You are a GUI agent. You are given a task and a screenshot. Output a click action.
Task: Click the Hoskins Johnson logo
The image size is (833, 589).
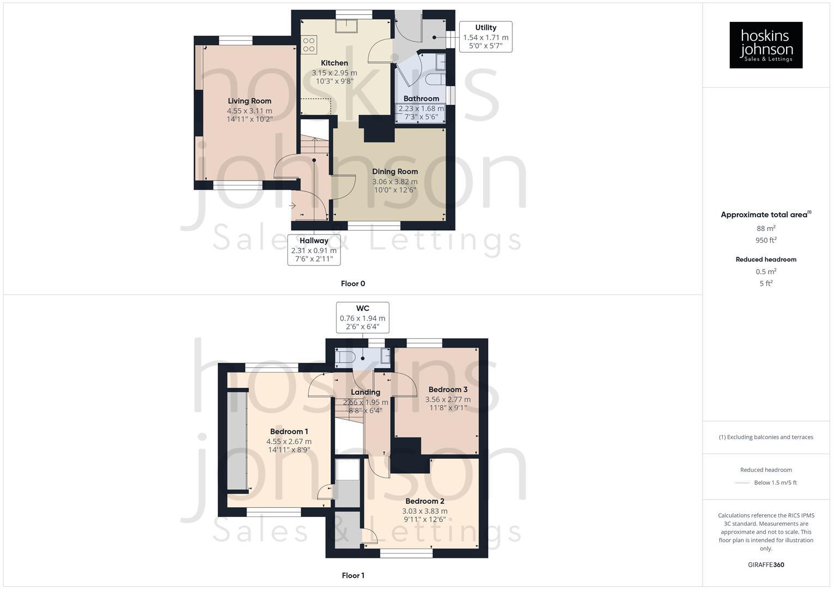click(765, 45)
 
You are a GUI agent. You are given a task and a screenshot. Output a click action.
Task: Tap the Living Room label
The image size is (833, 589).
click(249, 101)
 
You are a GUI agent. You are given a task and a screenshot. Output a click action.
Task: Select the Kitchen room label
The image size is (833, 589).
click(334, 63)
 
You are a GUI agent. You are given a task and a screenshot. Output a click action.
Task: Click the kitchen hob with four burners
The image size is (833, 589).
click(309, 44)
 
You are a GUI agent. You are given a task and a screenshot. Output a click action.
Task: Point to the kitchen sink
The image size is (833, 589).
click(346, 25)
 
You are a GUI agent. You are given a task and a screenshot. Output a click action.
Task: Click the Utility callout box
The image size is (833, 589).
click(486, 37)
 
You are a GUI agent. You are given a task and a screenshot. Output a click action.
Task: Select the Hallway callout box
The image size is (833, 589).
click(314, 250)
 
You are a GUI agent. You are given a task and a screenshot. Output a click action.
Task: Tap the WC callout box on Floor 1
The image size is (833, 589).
click(362, 317)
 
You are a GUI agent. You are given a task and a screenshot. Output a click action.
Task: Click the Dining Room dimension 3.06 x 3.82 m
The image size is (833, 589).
click(395, 182)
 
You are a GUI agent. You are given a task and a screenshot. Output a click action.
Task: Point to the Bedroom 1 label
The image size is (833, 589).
click(289, 431)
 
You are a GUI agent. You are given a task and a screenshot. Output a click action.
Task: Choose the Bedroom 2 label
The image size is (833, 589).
click(424, 501)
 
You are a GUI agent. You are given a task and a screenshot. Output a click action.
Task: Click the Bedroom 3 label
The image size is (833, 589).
click(448, 389)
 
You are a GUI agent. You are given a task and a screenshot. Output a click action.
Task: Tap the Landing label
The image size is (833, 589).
click(365, 392)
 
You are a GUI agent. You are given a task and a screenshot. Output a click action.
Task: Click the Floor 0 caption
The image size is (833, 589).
click(353, 284)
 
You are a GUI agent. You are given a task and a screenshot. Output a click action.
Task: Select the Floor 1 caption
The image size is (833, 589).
click(353, 575)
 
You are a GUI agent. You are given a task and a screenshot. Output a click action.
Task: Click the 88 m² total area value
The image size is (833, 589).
click(766, 229)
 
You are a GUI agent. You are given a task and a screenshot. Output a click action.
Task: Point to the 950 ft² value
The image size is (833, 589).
click(766, 241)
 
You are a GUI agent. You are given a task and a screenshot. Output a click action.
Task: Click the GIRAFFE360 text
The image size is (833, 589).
click(765, 565)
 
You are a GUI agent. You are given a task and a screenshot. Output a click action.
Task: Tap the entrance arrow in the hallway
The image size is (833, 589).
click(292, 206)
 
